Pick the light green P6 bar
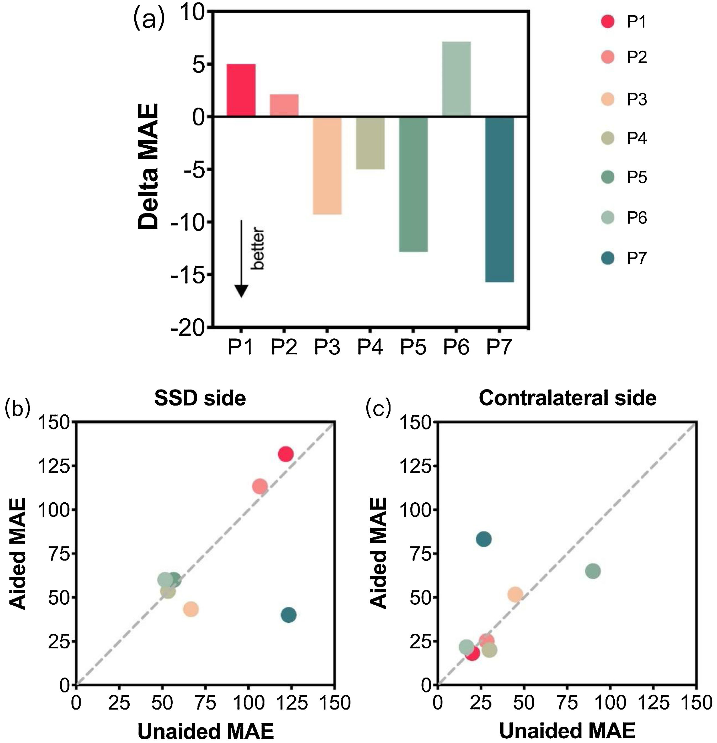[456, 79]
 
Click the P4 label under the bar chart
[370, 347]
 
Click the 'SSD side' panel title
[200, 398]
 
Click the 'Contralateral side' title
[567, 398]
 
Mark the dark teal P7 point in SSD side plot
[288, 614]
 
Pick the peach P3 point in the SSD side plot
[191, 609]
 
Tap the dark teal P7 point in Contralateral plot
[483, 539]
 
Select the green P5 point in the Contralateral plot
[593, 571]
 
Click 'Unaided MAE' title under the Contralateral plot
[567, 729]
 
